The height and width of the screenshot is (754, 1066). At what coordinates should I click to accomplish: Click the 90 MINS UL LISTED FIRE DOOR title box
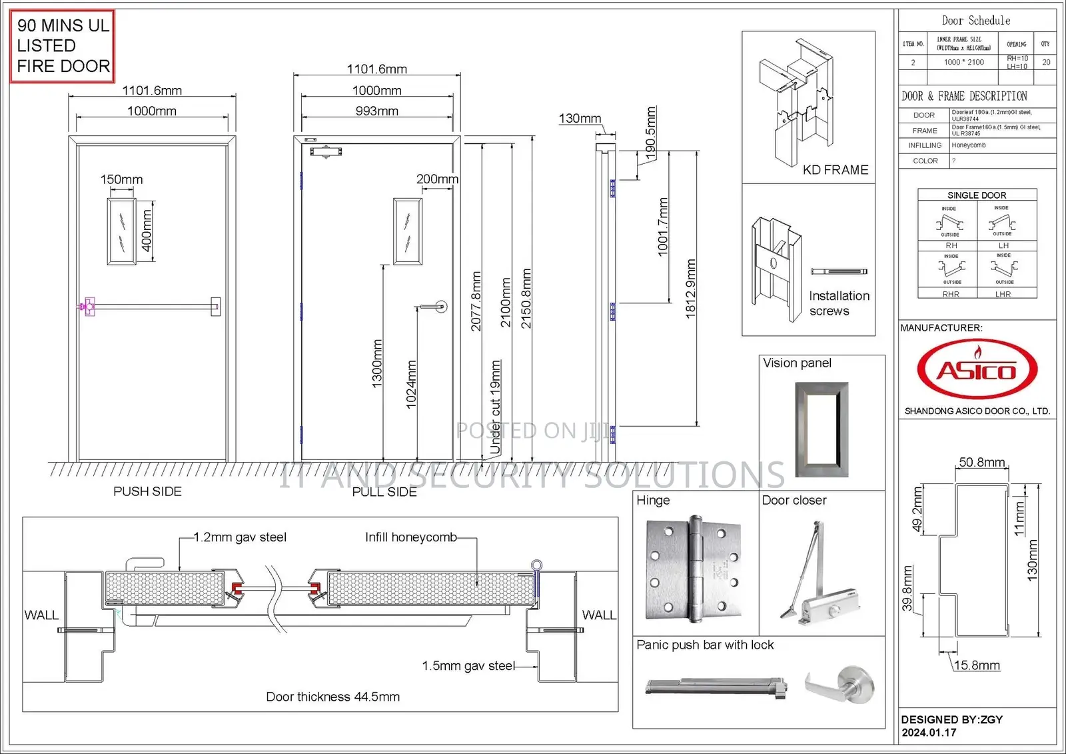click(63, 46)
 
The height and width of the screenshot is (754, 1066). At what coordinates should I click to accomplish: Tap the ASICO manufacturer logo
click(977, 369)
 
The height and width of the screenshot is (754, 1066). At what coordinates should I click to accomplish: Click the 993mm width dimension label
click(376, 111)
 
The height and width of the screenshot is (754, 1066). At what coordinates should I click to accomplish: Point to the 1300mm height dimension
click(377, 363)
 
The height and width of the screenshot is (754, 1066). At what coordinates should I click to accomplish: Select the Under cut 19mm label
click(495, 407)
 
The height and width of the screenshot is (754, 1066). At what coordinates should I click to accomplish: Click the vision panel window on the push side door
click(122, 231)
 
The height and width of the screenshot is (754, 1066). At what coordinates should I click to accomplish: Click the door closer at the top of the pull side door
click(326, 151)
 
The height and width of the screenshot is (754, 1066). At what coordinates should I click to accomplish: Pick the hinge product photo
click(694, 568)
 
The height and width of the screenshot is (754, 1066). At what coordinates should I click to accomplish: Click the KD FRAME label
click(835, 170)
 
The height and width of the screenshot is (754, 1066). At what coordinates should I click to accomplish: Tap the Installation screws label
click(839, 303)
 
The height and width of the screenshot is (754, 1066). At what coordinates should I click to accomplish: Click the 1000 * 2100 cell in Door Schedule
click(963, 62)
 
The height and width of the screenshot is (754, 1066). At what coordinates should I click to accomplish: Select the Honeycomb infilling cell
click(969, 145)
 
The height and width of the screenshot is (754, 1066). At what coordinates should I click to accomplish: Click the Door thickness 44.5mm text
click(332, 697)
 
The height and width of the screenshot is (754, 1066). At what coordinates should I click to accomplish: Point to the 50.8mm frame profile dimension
click(981, 462)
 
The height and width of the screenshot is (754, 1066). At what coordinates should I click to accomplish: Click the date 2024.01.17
click(929, 732)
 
